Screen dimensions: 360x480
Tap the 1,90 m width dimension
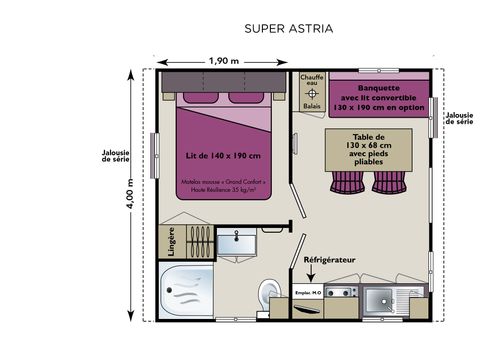(x=224, y=60)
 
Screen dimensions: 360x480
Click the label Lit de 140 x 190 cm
(x=223, y=157)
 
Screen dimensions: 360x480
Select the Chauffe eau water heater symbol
(x=311, y=94)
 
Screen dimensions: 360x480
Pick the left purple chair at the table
(x=346, y=182)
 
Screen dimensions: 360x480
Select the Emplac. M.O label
(x=310, y=292)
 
